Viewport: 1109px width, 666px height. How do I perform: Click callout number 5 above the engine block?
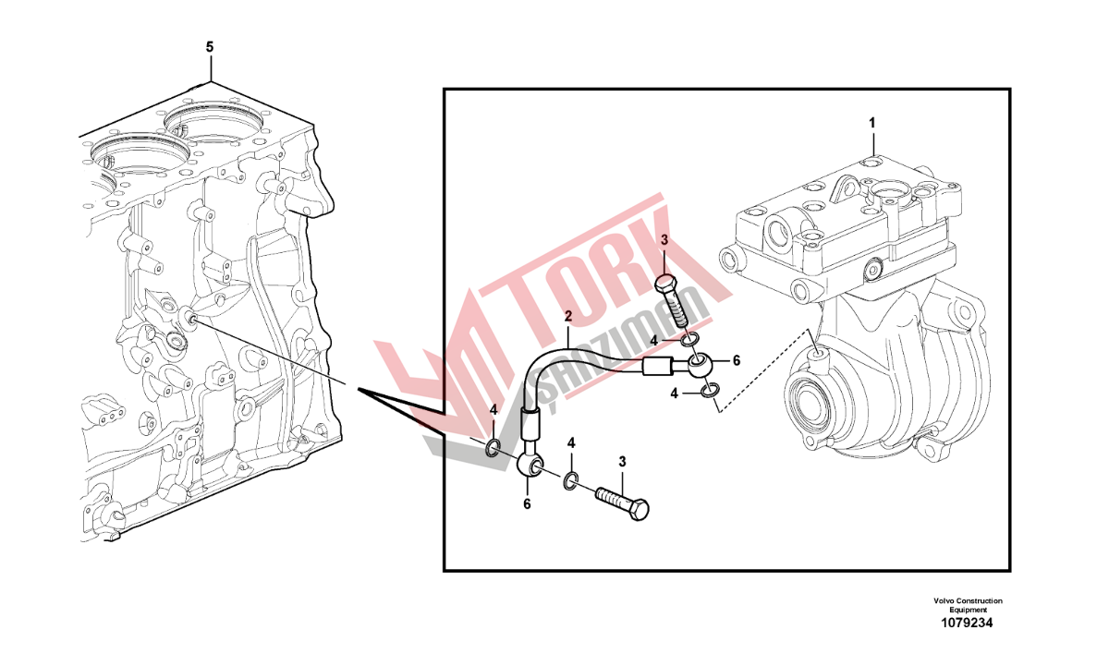tap(210, 47)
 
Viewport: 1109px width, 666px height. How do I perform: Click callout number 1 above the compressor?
tap(872, 123)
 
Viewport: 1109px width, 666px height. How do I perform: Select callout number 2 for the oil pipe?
tap(567, 317)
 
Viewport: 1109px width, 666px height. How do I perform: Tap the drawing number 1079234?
tap(967, 623)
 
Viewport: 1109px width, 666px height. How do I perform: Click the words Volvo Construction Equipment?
tap(968, 605)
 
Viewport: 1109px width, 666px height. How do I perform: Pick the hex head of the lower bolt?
tap(639, 510)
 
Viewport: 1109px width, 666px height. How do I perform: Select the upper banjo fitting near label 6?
tap(701, 367)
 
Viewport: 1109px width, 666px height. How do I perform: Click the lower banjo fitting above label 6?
tap(530, 466)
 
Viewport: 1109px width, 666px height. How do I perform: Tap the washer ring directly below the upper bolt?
tap(689, 341)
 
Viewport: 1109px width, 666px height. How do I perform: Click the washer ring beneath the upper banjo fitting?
tap(711, 391)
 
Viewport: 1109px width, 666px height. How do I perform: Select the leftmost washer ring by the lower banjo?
tap(493, 448)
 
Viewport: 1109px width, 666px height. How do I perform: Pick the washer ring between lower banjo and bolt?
tap(570, 482)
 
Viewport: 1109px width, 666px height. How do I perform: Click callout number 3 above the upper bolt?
tap(664, 240)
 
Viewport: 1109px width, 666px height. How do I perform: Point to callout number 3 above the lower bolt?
tap(622, 462)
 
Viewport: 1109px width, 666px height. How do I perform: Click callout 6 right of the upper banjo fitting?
tap(737, 361)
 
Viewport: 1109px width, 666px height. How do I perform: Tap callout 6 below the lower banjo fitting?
tap(527, 504)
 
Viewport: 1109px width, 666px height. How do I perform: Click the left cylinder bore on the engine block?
tap(140, 154)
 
